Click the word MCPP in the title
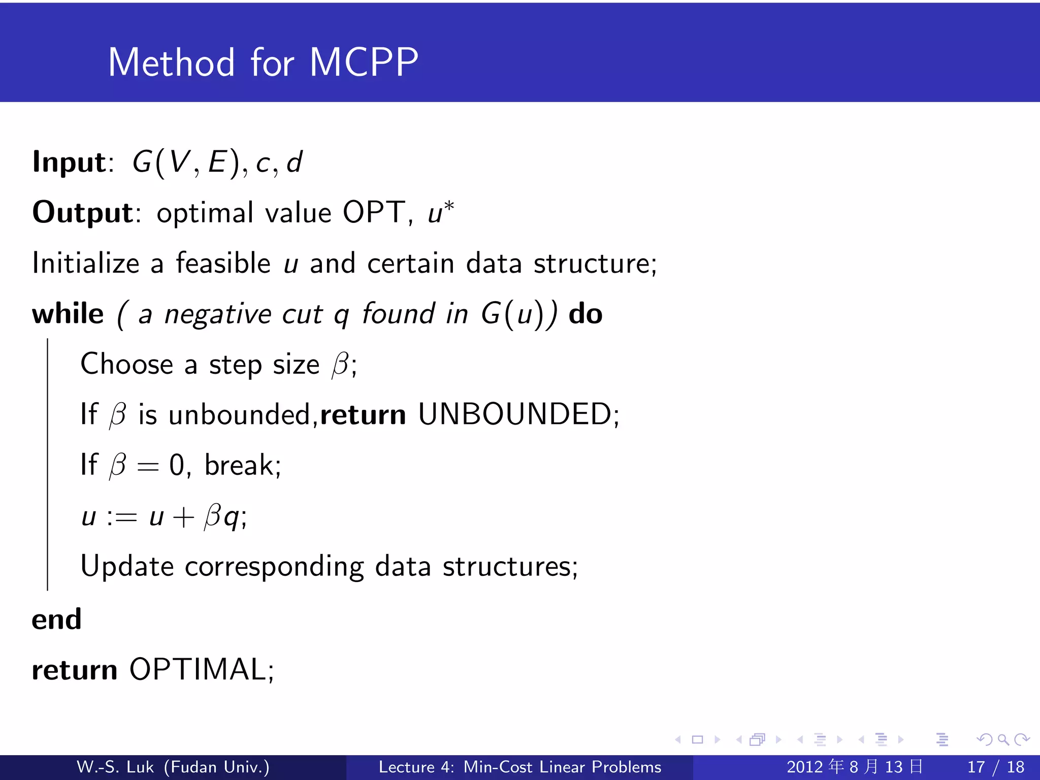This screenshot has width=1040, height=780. point(364,62)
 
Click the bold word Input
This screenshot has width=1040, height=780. point(69,162)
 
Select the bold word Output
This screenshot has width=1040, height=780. point(83,212)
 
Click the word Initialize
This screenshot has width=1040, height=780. point(86,263)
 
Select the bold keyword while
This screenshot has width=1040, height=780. point(68,313)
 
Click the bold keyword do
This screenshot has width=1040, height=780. point(585,313)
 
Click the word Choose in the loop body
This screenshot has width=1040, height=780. point(127,364)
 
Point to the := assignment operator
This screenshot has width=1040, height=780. point(122,517)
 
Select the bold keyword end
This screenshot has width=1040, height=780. point(56,619)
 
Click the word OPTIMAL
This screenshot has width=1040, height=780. point(198,669)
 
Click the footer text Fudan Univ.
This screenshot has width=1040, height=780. point(217,767)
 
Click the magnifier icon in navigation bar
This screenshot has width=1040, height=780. point(1003,739)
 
